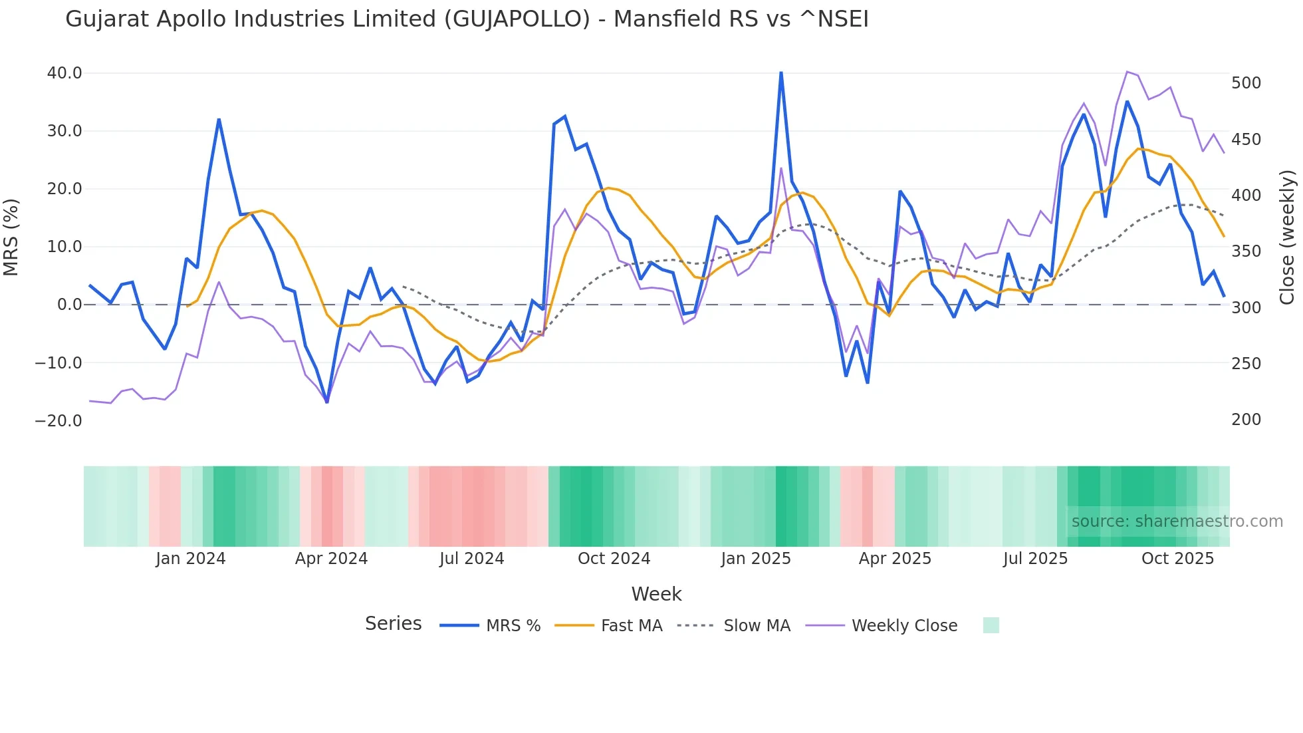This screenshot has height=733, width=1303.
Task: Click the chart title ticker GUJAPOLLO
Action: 517,19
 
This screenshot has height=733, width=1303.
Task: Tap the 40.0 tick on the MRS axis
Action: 64,73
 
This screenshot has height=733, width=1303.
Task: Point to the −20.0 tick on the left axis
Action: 59,421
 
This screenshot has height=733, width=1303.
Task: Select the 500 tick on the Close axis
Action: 1246,83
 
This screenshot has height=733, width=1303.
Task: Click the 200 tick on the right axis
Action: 1246,420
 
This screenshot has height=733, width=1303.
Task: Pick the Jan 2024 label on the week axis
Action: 191,559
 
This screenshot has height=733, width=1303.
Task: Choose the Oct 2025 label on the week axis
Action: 1177,559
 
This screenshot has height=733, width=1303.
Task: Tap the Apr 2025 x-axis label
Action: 895,559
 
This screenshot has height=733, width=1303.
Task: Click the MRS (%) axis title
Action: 11,237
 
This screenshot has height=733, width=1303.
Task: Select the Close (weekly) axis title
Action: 1288,237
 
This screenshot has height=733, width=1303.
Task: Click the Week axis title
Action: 656,594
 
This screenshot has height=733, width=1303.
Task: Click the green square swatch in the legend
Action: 991,625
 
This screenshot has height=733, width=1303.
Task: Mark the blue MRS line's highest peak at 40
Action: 781,73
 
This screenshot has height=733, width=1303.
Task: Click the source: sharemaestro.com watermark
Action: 1177,521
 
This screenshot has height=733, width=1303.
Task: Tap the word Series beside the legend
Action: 393,624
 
